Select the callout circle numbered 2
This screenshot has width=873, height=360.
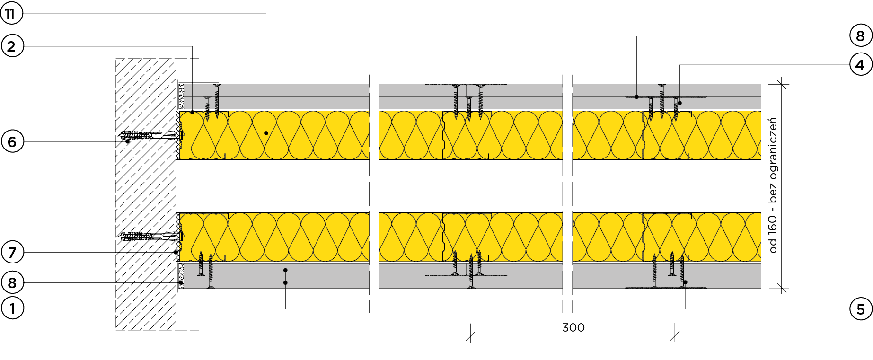pos(11,46)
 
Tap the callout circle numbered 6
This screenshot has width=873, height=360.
pos(12,141)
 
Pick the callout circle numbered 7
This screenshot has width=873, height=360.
pos(12,252)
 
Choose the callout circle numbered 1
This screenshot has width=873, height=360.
pos(12,309)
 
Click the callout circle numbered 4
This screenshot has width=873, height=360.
pos(860,64)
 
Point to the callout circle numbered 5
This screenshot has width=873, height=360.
pos(860,309)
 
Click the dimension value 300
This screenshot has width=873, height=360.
pos(573,327)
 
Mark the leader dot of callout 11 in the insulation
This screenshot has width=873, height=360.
pos(266,133)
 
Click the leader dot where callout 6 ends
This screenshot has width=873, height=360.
pos(127,141)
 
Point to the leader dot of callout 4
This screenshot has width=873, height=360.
pos(680,103)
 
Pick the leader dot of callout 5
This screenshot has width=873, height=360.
pos(685,282)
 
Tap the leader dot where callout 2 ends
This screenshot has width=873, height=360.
pos(192,112)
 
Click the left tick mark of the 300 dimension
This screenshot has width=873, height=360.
pos(470,336)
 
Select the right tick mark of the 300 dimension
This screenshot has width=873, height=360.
pos(675,336)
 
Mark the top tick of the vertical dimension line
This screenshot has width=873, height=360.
pos(782,85)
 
